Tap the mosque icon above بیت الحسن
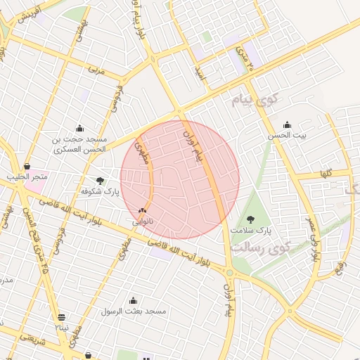click(x=287, y=125)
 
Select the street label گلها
click(x=325, y=173)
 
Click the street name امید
click(x=201, y=73)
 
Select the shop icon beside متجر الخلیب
click(x=27, y=167)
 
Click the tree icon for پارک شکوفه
click(x=100, y=181)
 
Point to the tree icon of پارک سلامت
click(x=251, y=220)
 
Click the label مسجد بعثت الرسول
click(x=133, y=311)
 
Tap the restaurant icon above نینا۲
click(x=62, y=317)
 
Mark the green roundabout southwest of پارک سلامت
click(x=229, y=273)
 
